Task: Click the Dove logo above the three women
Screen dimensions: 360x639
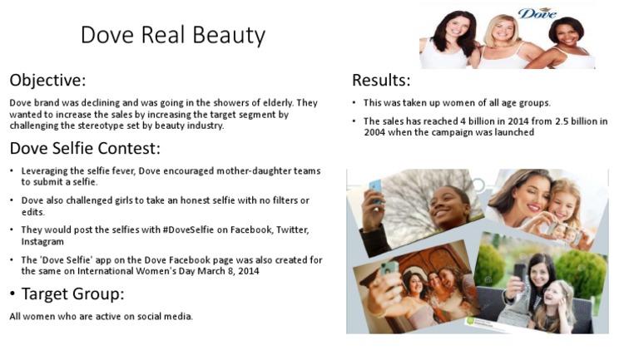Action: [537, 12]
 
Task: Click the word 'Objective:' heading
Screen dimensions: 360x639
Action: [47, 81]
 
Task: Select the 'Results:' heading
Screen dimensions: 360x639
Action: [381, 80]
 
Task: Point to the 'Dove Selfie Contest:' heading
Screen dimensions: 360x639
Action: [85, 149]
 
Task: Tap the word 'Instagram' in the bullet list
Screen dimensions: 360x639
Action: [42, 241]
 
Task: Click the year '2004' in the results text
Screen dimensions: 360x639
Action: [377, 132]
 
